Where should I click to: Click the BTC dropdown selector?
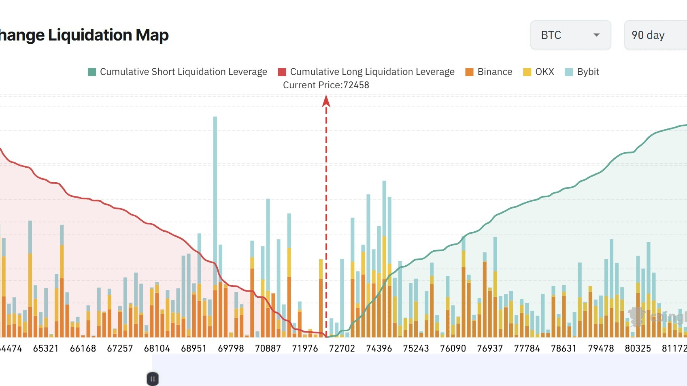[570, 35]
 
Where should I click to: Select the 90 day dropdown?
[655, 35]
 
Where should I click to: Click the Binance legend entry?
[489, 72]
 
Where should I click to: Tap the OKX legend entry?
[539, 72]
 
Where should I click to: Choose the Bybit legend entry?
[582, 72]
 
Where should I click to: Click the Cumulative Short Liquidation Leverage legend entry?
[178, 72]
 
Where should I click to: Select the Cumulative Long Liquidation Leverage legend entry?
[366, 72]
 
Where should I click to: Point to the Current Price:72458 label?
[326, 85]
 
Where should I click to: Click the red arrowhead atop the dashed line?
[326, 101]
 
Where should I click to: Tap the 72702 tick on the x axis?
[342, 348]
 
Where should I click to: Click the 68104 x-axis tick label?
[157, 348]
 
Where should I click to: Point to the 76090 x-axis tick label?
[453, 348]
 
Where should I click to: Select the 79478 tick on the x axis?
[601, 348]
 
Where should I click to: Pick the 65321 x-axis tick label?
[46, 348]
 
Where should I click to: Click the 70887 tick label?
[268, 348]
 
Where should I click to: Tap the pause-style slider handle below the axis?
[153, 379]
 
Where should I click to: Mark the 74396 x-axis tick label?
[379, 348]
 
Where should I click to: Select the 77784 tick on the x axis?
[527, 348]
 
